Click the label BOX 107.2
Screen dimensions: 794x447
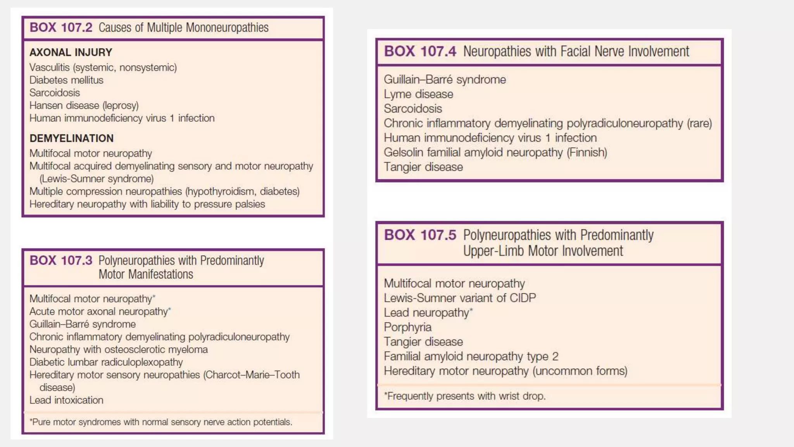pyautogui.click(x=61, y=28)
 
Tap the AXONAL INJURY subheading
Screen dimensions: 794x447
pyautogui.click(x=71, y=52)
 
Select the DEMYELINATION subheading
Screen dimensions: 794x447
pyautogui.click(x=71, y=139)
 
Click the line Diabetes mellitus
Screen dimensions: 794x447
pyautogui.click(x=66, y=80)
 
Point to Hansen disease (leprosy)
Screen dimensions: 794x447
pyautogui.click(x=84, y=106)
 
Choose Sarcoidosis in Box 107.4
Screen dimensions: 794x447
pyautogui.click(x=413, y=109)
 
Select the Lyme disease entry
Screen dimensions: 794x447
pyautogui.click(x=418, y=94)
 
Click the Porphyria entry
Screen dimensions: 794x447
pyautogui.click(x=407, y=327)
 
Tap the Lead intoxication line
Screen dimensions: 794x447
pyautogui.click(x=66, y=400)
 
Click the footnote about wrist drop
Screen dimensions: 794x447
pyautogui.click(x=464, y=396)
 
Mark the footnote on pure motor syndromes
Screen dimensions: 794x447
pyautogui.click(x=161, y=422)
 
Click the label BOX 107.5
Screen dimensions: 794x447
pyautogui.click(x=420, y=235)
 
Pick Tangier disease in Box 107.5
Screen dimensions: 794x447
pyautogui.click(x=423, y=342)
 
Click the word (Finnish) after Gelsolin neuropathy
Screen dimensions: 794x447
pyautogui.click(x=587, y=152)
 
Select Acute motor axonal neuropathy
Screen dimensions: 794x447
pyautogui.click(x=100, y=312)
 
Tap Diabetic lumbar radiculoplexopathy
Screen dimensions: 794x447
pyautogui.click(x=106, y=362)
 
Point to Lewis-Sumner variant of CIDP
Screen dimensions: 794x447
pyautogui.click(x=460, y=298)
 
